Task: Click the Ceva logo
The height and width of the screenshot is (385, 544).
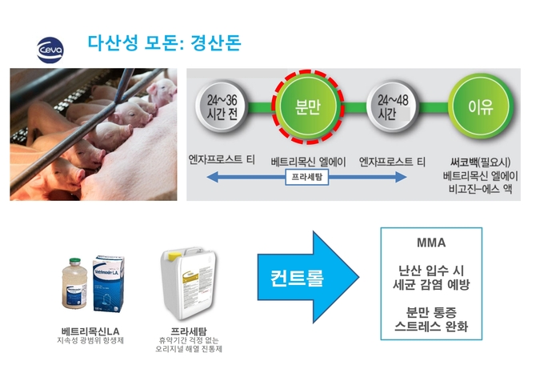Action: click(x=50, y=50)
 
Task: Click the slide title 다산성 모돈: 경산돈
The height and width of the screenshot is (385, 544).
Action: click(x=163, y=41)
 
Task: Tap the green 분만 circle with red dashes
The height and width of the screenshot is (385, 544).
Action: click(x=308, y=108)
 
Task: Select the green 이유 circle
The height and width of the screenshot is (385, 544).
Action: click(x=478, y=106)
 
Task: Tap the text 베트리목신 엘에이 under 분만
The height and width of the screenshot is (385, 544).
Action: click(x=308, y=161)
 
